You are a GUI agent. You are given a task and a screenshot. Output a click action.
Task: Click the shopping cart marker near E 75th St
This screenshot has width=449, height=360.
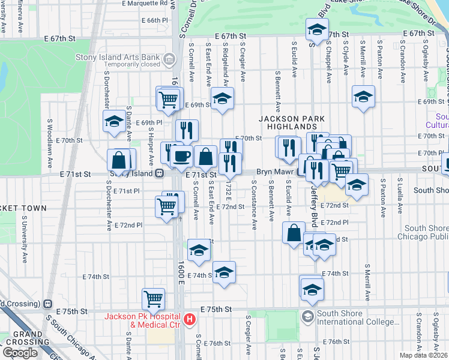pos(154,298)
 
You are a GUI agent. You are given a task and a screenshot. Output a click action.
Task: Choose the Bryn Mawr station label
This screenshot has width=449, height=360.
pos(274,172)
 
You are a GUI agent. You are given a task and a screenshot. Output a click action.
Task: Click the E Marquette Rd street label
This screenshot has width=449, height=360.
pos(145,4)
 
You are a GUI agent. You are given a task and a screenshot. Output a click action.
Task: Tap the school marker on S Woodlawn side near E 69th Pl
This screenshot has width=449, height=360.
pos(113,122)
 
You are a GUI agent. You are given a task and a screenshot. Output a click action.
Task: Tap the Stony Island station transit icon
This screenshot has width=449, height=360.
pos(160,173)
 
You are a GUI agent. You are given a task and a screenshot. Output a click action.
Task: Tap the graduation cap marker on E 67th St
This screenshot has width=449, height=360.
pos(317,28)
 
